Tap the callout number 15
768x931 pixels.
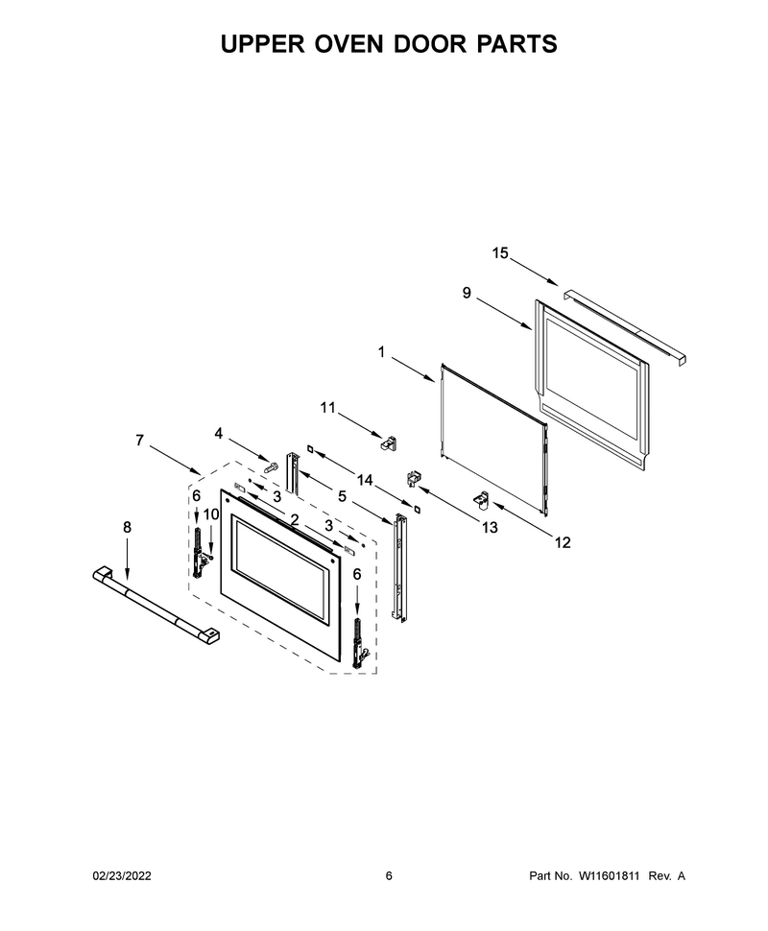(500, 253)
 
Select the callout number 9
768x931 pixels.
(467, 293)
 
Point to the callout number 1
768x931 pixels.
(381, 352)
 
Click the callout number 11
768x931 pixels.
(328, 408)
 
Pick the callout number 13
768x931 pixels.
(490, 527)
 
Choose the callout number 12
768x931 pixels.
(562, 542)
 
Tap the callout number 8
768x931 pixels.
(127, 527)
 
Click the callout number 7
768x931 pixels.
(139, 441)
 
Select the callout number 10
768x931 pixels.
(211, 514)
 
